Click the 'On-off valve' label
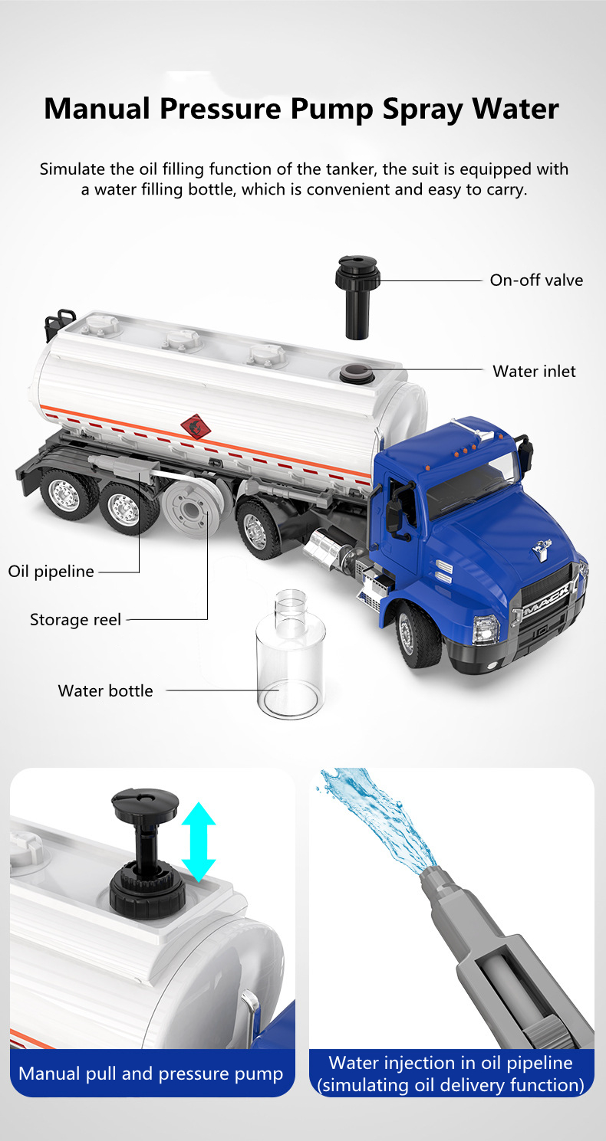click(536, 280)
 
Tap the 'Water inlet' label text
click(534, 372)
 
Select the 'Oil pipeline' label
click(51, 572)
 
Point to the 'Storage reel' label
click(75, 619)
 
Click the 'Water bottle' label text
click(106, 690)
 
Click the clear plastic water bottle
click(291, 654)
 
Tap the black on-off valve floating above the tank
click(357, 297)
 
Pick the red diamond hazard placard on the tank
click(196, 427)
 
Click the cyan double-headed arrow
click(199, 842)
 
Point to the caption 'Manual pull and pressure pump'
click(151, 1074)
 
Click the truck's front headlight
click(486, 630)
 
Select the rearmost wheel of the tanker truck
click(68, 493)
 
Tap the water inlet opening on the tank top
click(357, 373)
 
